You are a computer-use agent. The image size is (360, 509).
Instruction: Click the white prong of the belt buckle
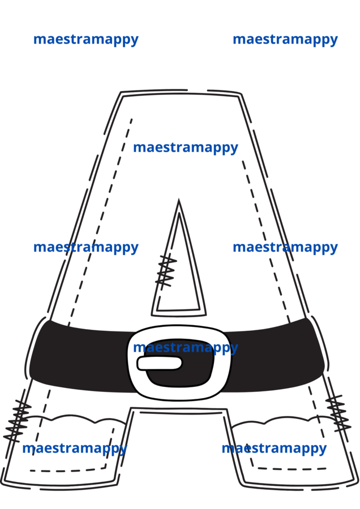(x=159, y=363)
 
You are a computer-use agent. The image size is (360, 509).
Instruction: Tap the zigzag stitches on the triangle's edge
(x=166, y=270)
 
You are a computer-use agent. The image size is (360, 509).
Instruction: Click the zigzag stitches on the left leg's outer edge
(x=17, y=420)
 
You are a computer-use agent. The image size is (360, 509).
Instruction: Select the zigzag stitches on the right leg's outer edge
(x=338, y=413)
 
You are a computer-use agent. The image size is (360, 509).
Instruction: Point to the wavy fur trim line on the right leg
(x=280, y=421)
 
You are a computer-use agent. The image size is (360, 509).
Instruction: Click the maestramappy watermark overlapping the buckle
(x=186, y=348)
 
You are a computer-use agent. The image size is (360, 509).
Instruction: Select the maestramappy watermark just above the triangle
(x=186, y=148)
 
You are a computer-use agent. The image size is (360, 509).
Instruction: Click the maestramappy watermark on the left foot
(x=74, y=449)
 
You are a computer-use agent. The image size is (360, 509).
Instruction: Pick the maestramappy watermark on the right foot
(x=274, y=449)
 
